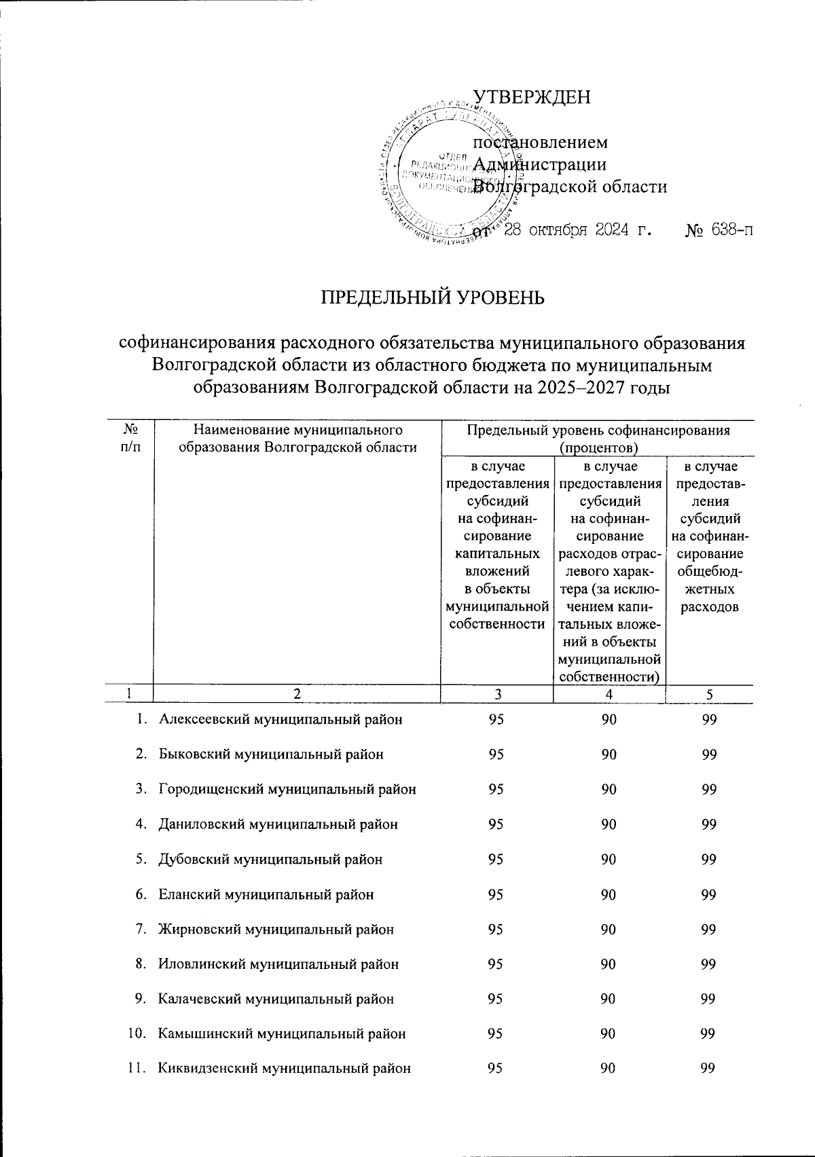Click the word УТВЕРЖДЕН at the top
click(532, 97)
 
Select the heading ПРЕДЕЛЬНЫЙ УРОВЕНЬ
click(433, 298)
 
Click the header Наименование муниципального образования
click(296, 438)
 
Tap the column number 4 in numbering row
click(609, 694)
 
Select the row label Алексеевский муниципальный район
click(280, 720)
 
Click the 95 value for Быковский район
click(496, 754)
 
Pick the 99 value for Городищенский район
click(709, 789)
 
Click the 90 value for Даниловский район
click(609, 824)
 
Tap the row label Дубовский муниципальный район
click(270, 860)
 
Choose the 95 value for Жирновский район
click(496, 930)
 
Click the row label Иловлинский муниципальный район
click(278, 964)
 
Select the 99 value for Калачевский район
click(709, 999)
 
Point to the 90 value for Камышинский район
click(609, 1034)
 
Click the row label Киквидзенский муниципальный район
click(285, 1069)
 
